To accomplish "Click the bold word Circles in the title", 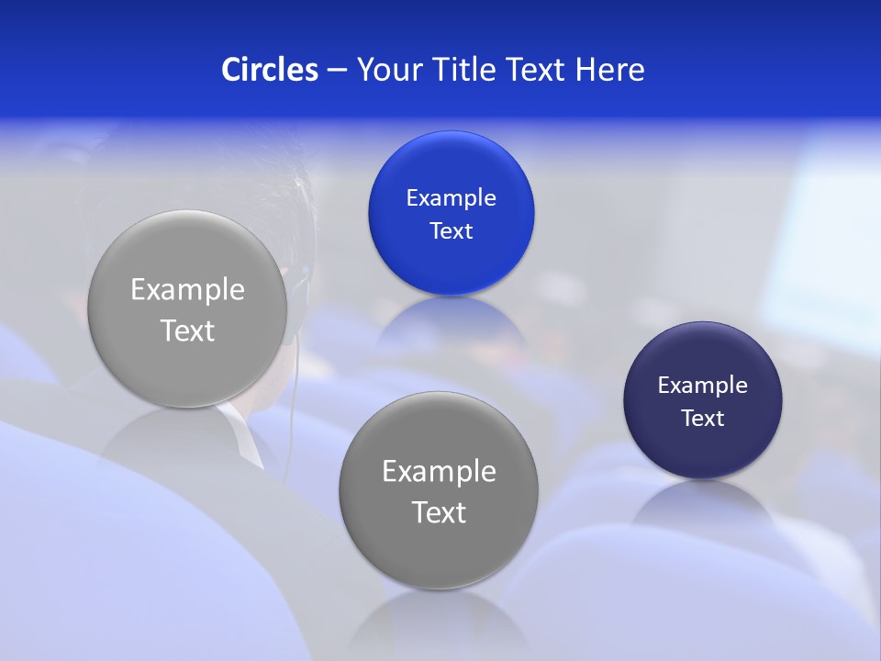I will point(270,70).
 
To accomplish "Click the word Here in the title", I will point(610,70).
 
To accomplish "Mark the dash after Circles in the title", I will point(337,71).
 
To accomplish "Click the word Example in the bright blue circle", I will point(451,197).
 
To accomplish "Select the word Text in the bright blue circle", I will point(451,230).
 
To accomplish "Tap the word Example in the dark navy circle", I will point(702,385).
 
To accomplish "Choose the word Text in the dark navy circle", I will point(702,418).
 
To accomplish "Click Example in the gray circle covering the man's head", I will point(187,289).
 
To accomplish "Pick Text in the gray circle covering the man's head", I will point(187,330).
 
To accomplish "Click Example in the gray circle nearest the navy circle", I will point(439,471).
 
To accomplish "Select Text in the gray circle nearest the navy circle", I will point(439,512).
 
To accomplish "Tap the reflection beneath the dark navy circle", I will point(702,500).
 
